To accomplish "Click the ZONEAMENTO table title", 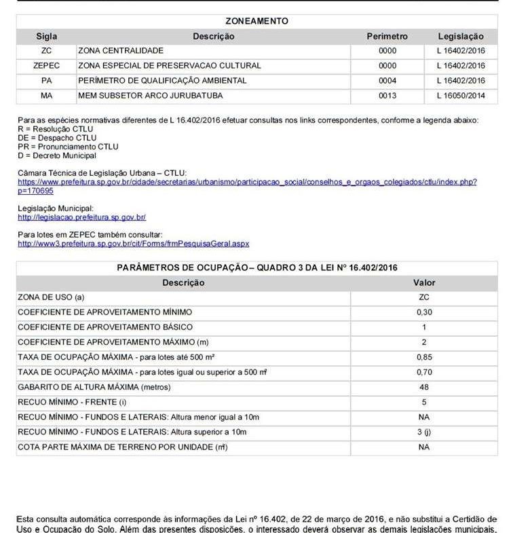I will pos(256,21).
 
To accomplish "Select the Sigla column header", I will pos(47,36).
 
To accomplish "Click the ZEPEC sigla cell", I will pos(47,66).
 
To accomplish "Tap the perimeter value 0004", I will pos(387,81).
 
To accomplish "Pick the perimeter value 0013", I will pos(387,96).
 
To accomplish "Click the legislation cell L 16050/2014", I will pos(461,96).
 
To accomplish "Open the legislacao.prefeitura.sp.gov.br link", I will pos(82,217).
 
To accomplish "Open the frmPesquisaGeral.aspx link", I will pos(134,243).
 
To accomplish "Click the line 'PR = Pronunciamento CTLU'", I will pos(68,147).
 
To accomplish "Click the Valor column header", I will pos(424,282).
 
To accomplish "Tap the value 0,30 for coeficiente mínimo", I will pos(424,312).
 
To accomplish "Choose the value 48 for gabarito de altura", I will pos(424,387).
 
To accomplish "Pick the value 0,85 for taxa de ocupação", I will pos(424,357).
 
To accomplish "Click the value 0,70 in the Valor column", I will pos(424,372).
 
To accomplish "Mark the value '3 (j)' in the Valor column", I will pos(424,432).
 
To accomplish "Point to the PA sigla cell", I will pos(47,81).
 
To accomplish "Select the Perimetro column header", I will pos(387,36).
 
